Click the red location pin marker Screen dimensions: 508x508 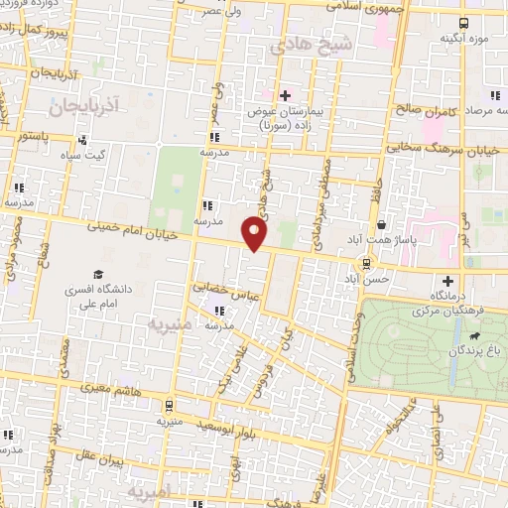click(256, 233)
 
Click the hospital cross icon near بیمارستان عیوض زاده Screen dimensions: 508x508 click(286, 95)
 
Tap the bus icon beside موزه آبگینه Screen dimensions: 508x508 click(464, 22)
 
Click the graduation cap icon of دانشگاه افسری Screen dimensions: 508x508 click(98, 275)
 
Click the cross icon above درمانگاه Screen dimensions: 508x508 click(448, 280)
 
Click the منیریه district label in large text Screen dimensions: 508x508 click(168, 323)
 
